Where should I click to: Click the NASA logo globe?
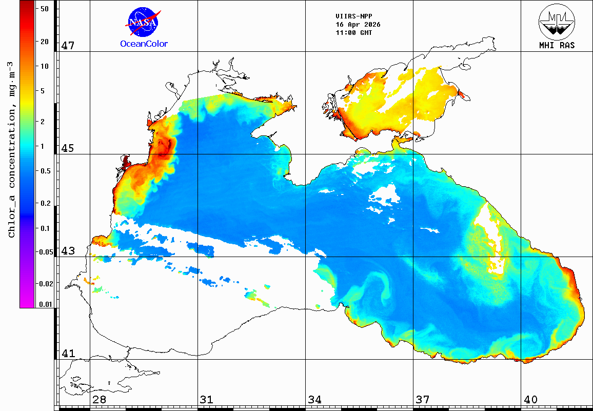(143, 22)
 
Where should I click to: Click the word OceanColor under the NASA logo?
(144, 44)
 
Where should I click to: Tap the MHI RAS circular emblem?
(557, 22)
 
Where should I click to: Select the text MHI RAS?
(557, 46)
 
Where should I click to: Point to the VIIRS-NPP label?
(354, 16)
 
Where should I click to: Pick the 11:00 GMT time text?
(354, 33)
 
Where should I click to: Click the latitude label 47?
(68, 46)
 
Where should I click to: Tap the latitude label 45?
(68, 148)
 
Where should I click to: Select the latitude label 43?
(68, 251)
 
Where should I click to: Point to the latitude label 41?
(68, 354)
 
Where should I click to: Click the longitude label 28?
(100, 400)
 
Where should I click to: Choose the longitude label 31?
(207, 400)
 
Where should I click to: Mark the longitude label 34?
(315, 400)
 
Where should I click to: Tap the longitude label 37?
(423, 400)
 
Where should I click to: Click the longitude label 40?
(530, 400)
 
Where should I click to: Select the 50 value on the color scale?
(45, 9)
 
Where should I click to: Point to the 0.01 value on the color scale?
(45, 304)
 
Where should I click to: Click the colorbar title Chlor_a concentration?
(12, 149)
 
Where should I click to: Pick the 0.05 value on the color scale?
(45, 252)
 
